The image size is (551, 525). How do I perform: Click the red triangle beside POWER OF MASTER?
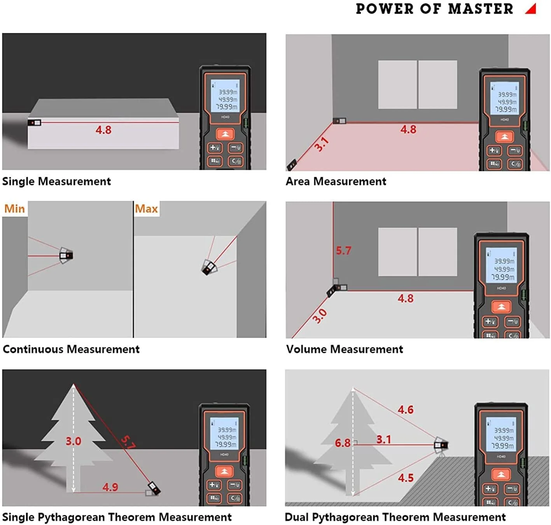click(x=532, y=9)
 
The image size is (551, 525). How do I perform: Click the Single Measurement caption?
click(x=56, y=181)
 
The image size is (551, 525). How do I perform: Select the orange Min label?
click(x=14, y=209)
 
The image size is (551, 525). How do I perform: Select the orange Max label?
click(x=146, y=209)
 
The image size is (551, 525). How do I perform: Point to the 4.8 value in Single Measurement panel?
click(x=103, y=130)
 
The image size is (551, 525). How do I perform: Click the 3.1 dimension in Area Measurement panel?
click(x=322, y=144)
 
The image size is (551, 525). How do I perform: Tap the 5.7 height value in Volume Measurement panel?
click(x=343, y=251)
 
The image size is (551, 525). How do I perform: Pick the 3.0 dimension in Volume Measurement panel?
click(x=320, y=316)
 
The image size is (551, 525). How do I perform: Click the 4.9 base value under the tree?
click(x=110, y=487)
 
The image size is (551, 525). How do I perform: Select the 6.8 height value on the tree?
click(x=343, y=443)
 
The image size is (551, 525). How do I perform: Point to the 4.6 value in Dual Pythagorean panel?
click(x=405, y=410)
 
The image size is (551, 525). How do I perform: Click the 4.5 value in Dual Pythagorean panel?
click(x=406, y=478)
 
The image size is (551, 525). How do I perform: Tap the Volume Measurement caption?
click(x=345, y=349)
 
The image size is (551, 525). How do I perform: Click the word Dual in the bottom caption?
click(x=297, y=517)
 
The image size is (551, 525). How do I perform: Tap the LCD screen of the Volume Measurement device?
click(x=502, y=265)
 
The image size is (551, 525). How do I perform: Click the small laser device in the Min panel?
click(x=66, y=255)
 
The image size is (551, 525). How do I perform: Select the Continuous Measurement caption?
click(x=71, y=349)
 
